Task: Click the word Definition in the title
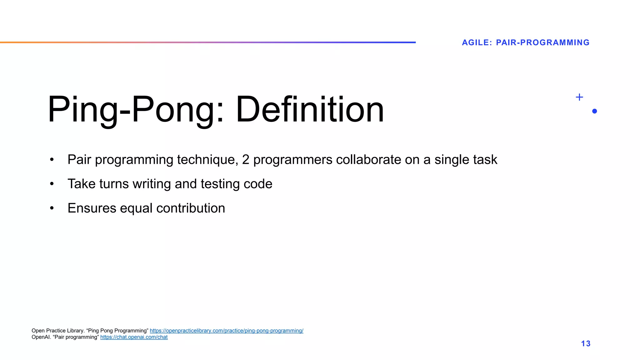pos(309,110)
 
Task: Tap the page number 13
pos(586,344)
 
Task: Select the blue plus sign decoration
pos(579,97)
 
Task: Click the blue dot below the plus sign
pos(594,111)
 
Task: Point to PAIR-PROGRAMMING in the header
pos(542,42)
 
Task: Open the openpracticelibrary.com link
pos(226,331)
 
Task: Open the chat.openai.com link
pos(134,337)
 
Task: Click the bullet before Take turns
pos(52,184)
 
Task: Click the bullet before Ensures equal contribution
pos(52,208)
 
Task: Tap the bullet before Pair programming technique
pos(52,160)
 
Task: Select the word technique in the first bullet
pos(207,160)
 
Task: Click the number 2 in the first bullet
pos(246,160)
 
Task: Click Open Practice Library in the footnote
pos(57,331)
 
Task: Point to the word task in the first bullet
pos(485,160)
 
